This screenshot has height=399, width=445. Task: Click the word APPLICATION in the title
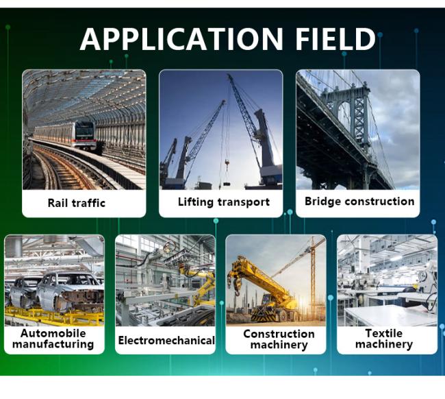click(181, 39)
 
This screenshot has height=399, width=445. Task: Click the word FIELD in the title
click(335, 39)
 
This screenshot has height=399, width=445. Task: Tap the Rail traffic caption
click(77, 203)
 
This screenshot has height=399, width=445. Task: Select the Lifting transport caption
click(224, 202)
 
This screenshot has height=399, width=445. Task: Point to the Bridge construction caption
click(359, 201)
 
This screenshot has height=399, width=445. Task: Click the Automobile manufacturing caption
click(53, 339)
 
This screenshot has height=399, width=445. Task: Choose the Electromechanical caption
click(166, 340)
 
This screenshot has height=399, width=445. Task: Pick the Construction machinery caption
click(279, 339)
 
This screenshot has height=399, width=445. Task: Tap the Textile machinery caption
click(384, 339)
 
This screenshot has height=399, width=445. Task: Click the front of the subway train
click(84, 135)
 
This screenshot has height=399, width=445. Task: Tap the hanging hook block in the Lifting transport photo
click(227, 164)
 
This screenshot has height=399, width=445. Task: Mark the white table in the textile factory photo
click(391, 315)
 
